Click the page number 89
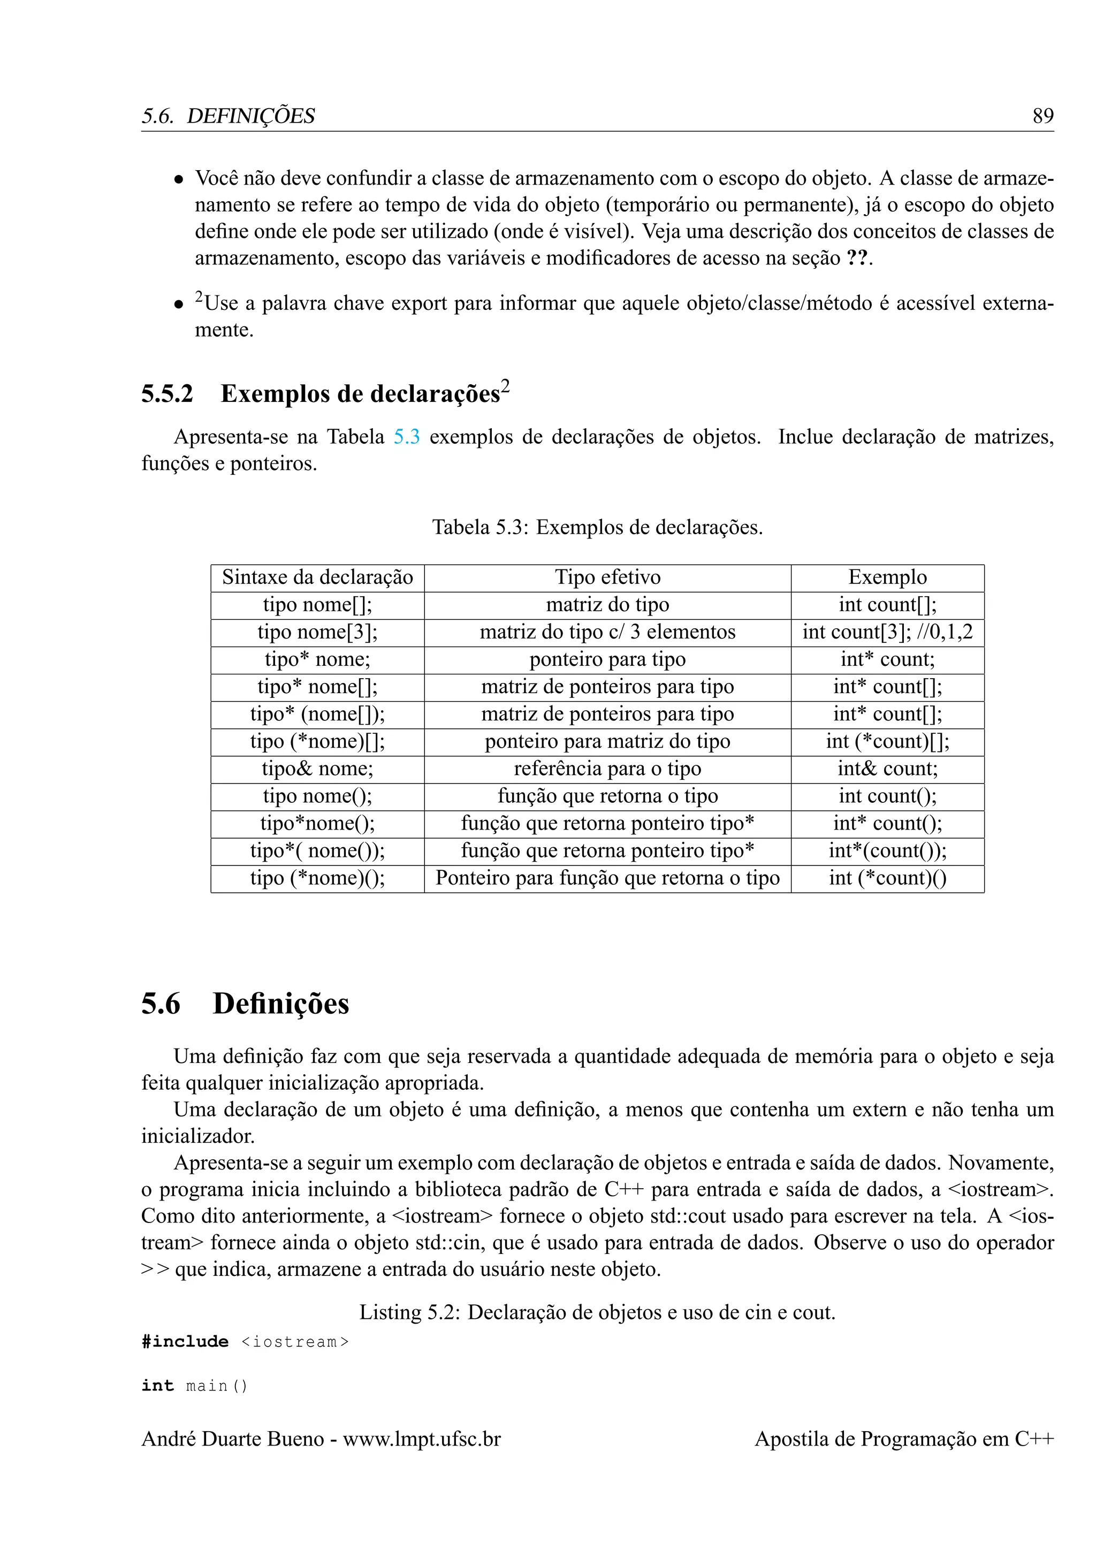click(1042, 116)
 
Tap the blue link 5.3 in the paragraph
click(406, 437)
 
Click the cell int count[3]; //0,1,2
click(887, 632)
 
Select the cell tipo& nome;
click(317, 769)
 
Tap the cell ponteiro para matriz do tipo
click(607, 741)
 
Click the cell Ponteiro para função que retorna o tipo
click(607, 878)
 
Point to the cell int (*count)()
click(887, 878)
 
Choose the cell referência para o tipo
click(607, 769)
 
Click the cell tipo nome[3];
click(317, 632)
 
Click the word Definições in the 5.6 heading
click(281, 1004)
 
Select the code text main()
click(217, 1386)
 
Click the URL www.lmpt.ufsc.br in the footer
click(422, 1439)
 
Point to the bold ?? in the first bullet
click(857, 259)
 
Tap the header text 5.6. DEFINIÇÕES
click(228, 116)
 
